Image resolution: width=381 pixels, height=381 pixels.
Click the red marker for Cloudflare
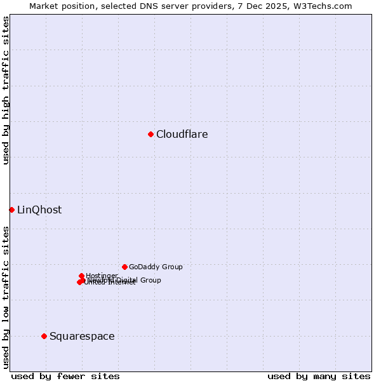pos(150,134)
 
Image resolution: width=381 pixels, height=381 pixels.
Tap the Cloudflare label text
pos(182,135)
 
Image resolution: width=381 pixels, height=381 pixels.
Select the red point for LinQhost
pos(11,210)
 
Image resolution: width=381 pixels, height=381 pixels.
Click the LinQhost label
pos(39,210)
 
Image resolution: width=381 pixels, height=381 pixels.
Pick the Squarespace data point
pos(44,336)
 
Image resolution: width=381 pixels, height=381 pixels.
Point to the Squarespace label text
pos(82,337)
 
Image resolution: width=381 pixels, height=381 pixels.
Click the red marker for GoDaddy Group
pos(124,267)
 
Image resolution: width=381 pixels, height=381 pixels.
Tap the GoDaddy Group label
pos(156,267)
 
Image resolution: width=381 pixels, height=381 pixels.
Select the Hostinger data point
pos(81,276)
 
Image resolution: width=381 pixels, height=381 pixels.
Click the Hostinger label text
pos(102,276)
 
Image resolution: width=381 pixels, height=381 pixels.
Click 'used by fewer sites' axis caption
pos(65,376)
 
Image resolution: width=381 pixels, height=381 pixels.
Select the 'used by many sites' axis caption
pos(319,376)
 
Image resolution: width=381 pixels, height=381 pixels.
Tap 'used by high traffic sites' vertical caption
pos(6,90)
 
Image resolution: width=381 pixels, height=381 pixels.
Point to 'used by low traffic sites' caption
pos(6,297)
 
